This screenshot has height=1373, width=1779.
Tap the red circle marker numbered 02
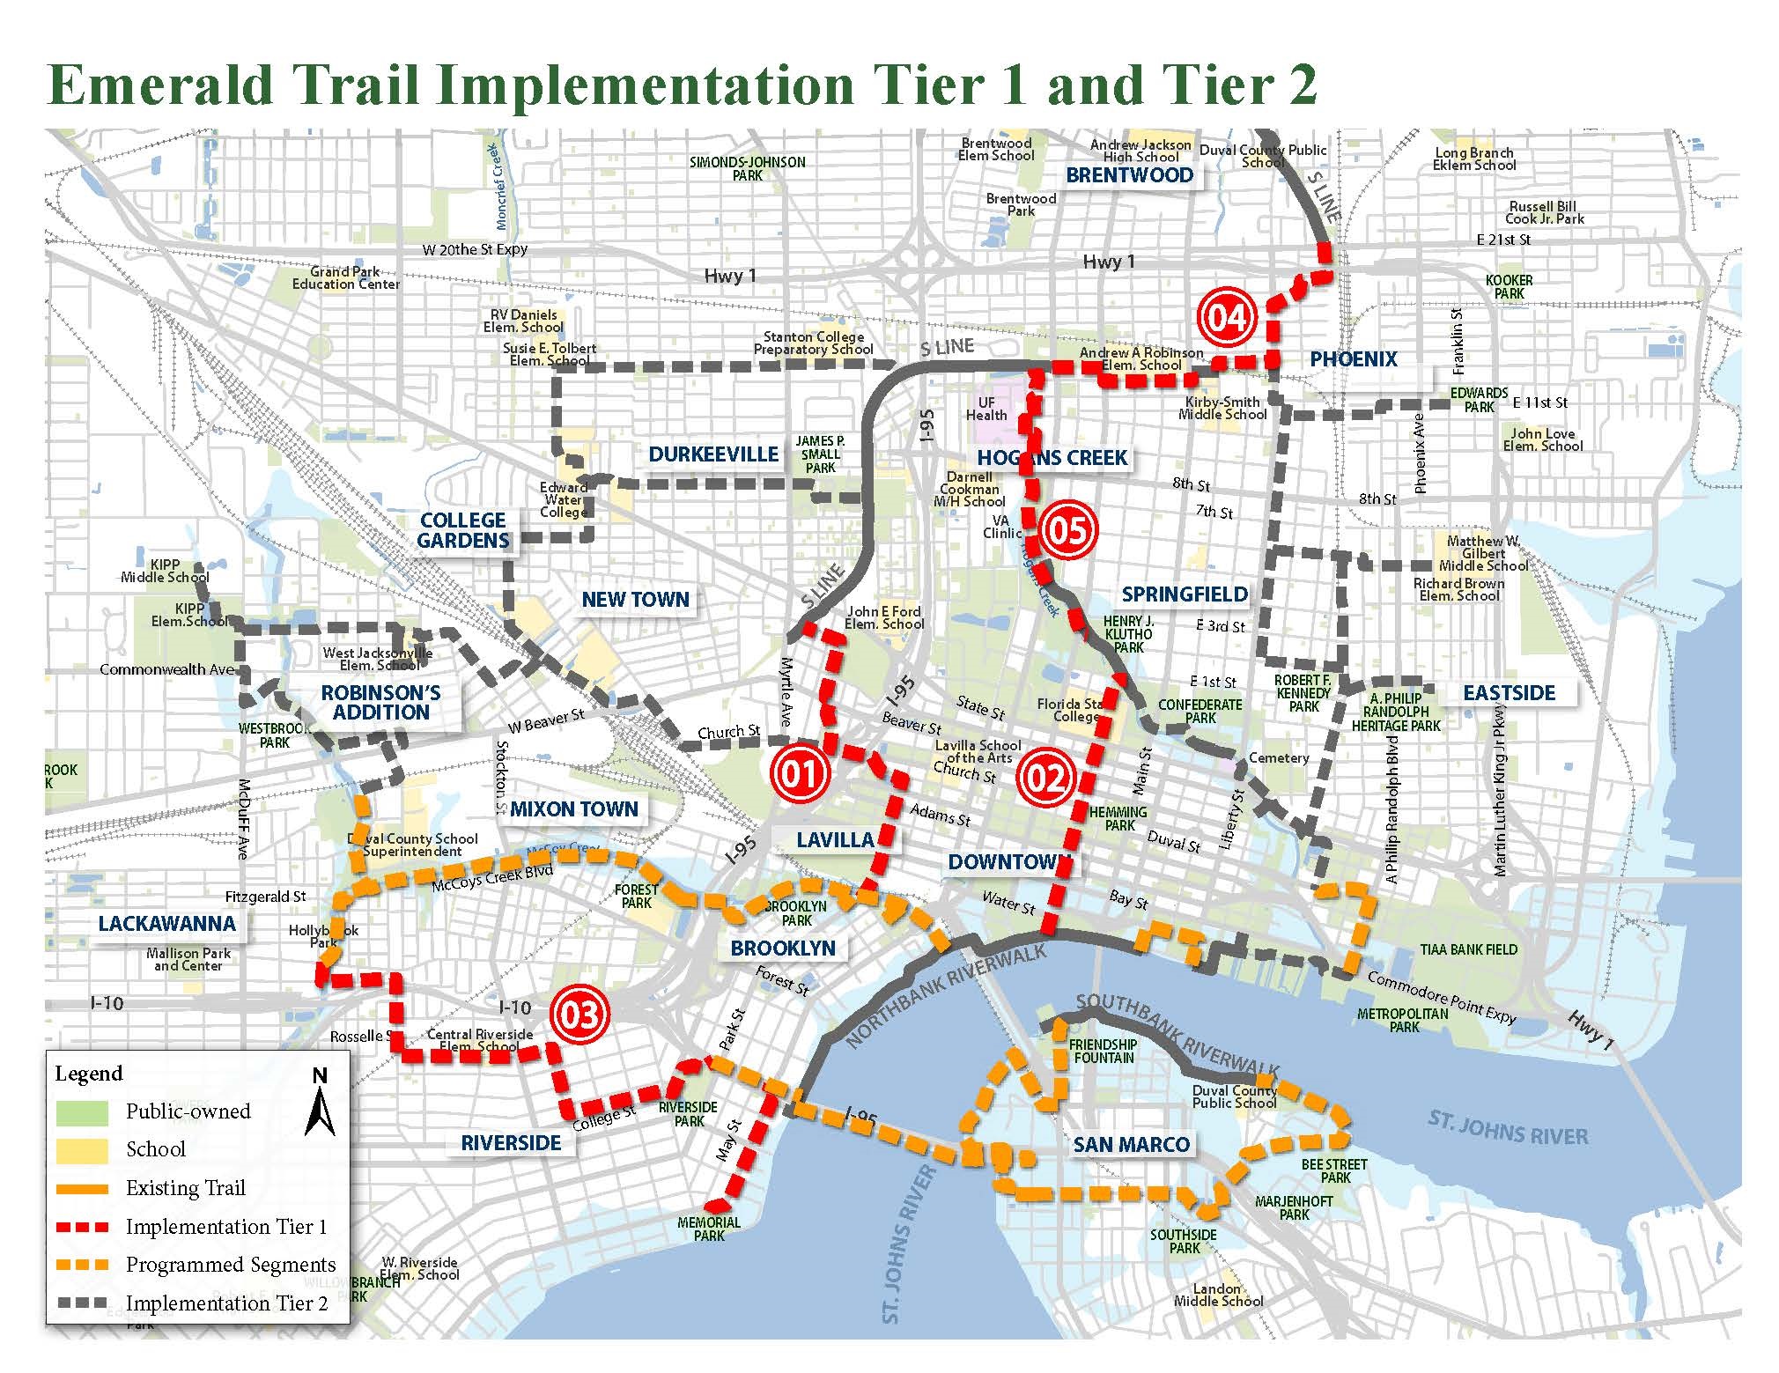(x=1046, y=778)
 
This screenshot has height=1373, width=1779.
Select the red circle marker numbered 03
(x=581, y=1014)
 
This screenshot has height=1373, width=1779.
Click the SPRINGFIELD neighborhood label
(x=1185, y=594)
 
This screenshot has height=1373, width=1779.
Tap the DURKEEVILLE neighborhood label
(x=713, y=454)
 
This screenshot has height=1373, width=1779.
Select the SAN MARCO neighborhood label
(x=1131, y=1145)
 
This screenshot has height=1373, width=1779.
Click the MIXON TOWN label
(x=573, y=809)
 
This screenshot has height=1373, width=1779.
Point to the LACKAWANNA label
(x=166, y=924)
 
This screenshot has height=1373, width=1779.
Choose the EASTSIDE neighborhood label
(x=1510, y=693)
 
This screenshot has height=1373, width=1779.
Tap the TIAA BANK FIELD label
(x=1468, y=949)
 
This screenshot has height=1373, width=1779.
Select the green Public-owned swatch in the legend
(x=81, y=1111)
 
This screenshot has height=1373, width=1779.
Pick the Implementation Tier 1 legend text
(x=226, y=1227)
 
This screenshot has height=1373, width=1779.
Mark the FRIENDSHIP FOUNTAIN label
(x=1103, y=1051)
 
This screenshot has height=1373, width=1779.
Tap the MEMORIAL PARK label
(x=709, y=1229)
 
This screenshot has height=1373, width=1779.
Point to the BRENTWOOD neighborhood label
(x=1129, y=175)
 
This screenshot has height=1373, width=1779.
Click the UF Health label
(x=986, y=410)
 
